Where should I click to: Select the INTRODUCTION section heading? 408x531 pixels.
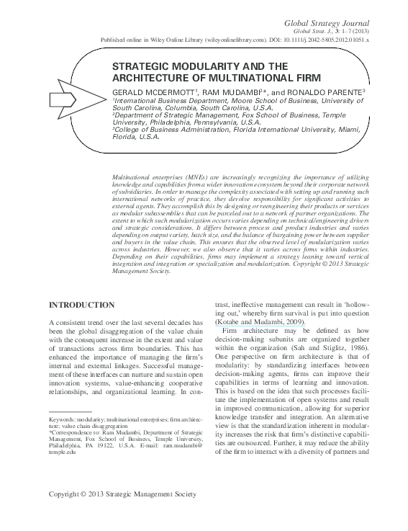coord(81,305)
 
